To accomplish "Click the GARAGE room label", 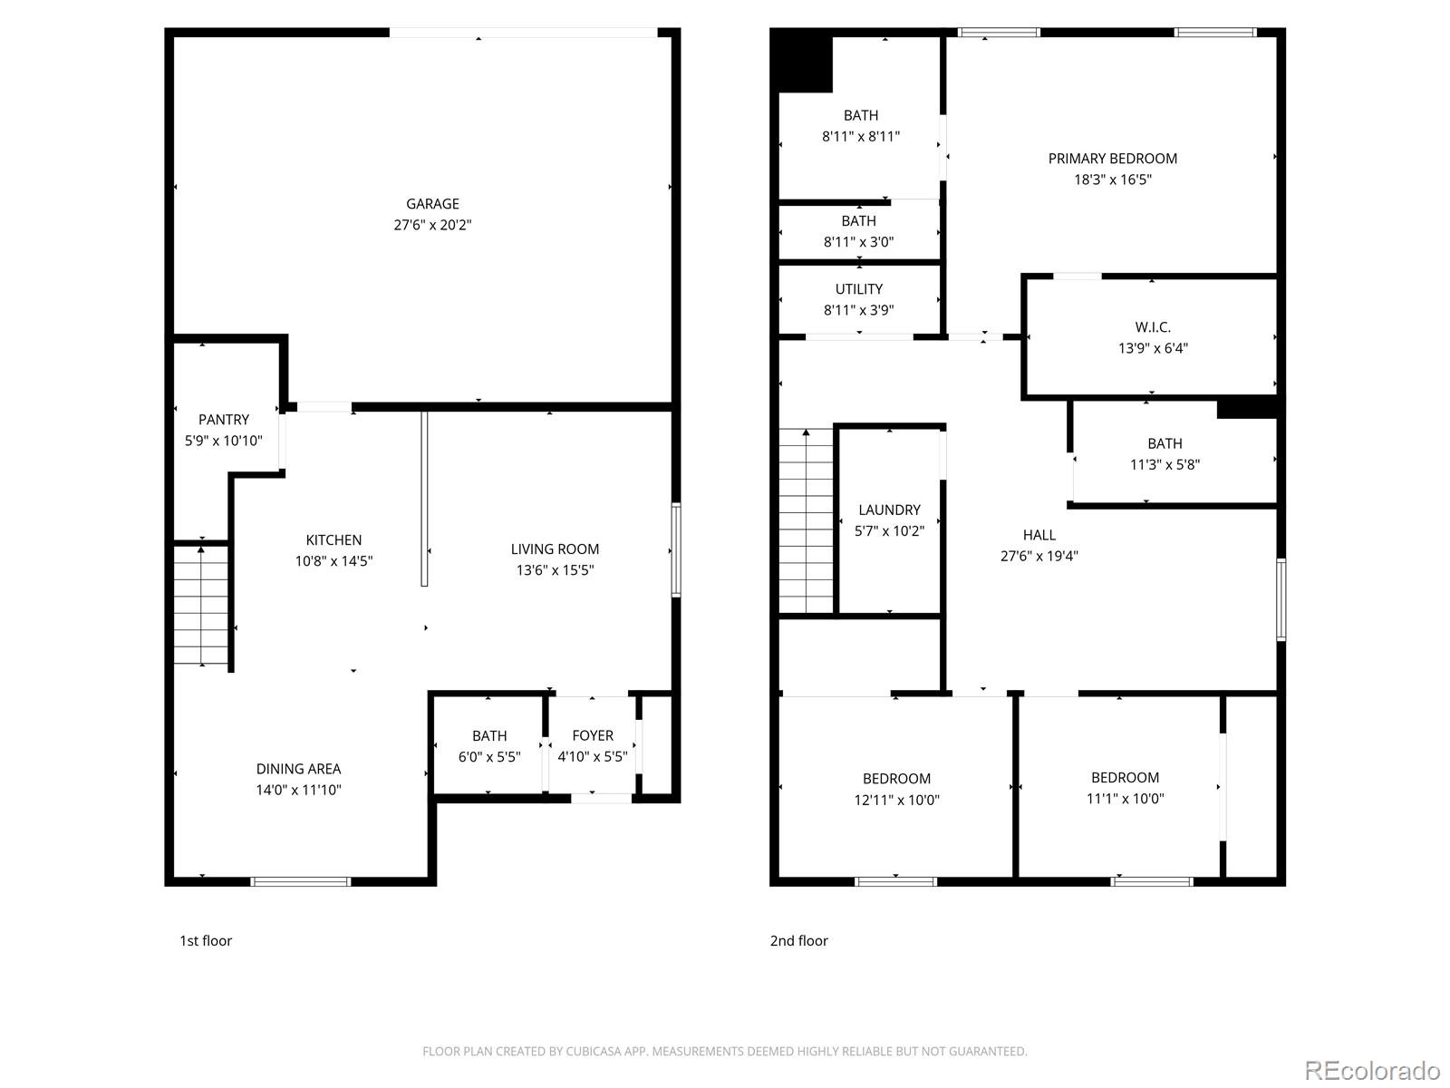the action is (x=432, y=203).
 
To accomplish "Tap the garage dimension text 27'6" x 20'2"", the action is (x=432, y=225).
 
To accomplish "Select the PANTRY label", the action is (x=223, y=420).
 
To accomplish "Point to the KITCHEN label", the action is (x=333, y=539).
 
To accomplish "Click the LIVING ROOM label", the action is (x=555, y=549).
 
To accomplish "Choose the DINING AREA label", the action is (x=298, y=769).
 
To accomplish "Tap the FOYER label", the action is (x=593, y=735).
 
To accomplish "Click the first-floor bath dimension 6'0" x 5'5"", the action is (x=489, y=756).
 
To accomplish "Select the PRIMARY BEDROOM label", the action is (x=1113, y=159).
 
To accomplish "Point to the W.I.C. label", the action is (x=1153, y=327).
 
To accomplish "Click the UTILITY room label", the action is (x=859, y=288).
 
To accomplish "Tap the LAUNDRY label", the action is (x=889, y=510).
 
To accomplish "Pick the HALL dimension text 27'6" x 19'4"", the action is (x=1039, y=556).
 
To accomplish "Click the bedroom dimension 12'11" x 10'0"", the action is (x=896, y=800).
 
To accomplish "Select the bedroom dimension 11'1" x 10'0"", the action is (x=1125, y=798).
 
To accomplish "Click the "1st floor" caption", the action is (x=206, y=941).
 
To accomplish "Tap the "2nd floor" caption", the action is (x=798, y=941).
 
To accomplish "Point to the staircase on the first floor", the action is (x=201, y=605).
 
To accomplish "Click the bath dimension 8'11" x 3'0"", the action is (x=858, y=242).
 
